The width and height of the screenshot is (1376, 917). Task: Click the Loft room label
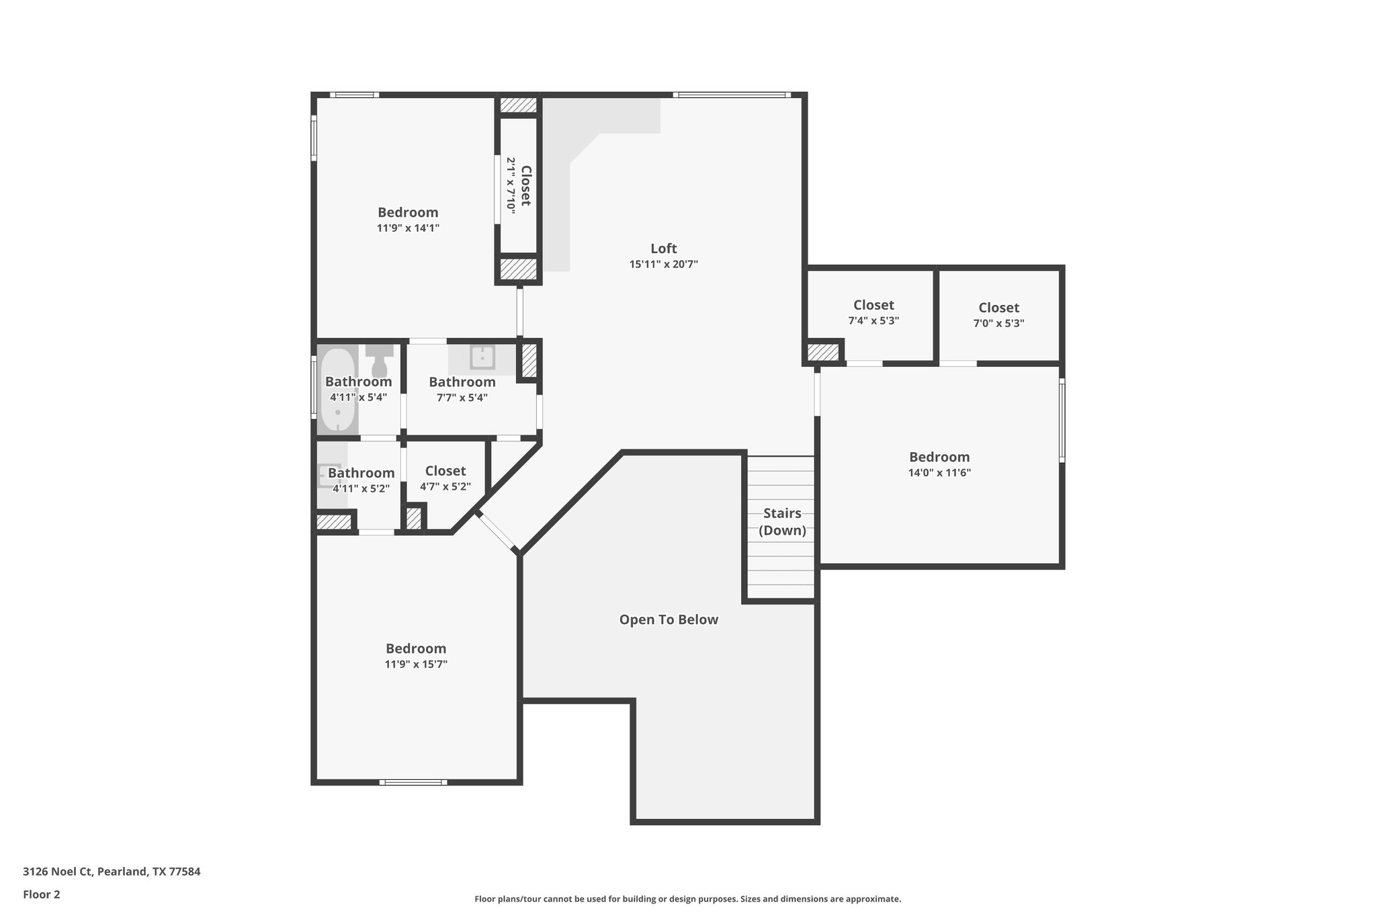tap(663, 249)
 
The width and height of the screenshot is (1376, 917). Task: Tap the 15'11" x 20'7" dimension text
tap(663, 265)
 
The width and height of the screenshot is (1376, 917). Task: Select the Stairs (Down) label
tap(782, 522)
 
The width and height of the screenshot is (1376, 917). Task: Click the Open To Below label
tap(669, 619)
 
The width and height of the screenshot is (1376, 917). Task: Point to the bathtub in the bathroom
tap(337, 390)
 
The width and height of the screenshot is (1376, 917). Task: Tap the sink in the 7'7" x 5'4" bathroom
tap(482, 357)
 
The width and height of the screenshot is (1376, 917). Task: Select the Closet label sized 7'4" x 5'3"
tap(873, 305)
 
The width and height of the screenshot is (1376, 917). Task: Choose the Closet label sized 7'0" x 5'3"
tap(998, 308)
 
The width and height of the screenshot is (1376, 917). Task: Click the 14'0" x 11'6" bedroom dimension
tap(939, 473)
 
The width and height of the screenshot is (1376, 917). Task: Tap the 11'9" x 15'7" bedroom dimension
tap(416, 664)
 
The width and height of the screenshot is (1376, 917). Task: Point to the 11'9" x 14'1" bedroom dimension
tap(408, 228)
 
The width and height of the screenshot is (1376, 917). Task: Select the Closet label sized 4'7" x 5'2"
tap(445, 471)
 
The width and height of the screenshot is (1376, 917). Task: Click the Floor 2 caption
tap(42, 894)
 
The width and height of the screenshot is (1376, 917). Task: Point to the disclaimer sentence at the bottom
tap(687, 899)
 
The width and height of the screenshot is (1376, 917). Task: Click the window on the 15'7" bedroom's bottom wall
tap(413, 782)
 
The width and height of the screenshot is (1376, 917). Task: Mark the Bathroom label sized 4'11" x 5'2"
tap(361, 473)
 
